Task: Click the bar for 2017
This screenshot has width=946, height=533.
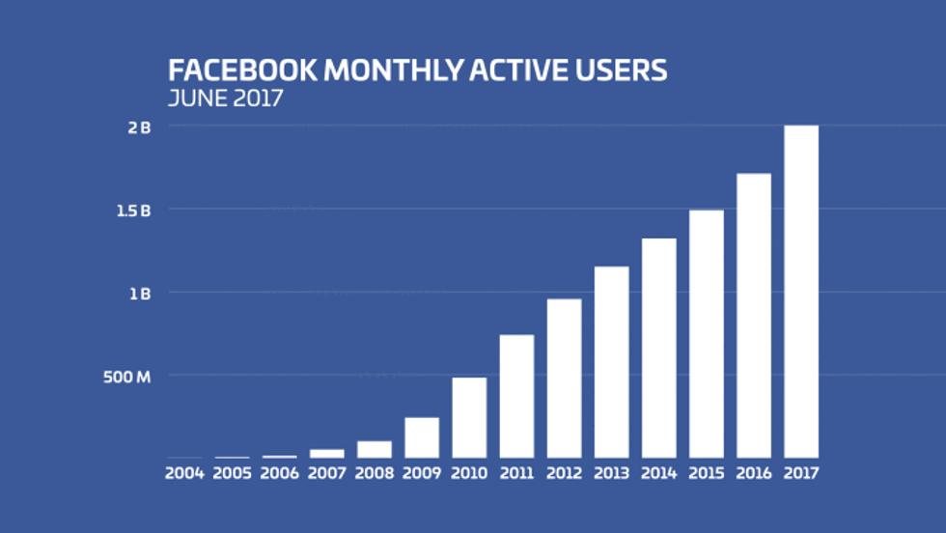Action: click(801, 292)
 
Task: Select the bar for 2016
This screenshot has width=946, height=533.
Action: click(754, 316)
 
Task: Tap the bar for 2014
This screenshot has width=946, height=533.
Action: click(659, 348)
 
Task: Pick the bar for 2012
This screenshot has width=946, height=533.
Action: click(565, 379)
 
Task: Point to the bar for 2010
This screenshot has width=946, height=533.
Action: click(469, 417)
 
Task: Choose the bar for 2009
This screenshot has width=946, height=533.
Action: click(422, 437)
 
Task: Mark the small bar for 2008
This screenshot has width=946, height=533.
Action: click(375, 449)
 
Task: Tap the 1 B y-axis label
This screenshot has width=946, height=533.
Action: click(140, 293)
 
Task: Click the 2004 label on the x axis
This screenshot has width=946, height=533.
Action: click(185, 474)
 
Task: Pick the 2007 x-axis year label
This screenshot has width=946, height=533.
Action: click(327, 474)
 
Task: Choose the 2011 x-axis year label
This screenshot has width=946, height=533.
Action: click(516, 474)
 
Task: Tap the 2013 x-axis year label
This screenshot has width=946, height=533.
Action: click(611, 474)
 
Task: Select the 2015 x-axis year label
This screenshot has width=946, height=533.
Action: click(707, 474)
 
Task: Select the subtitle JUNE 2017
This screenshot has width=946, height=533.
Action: click(225, 98)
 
